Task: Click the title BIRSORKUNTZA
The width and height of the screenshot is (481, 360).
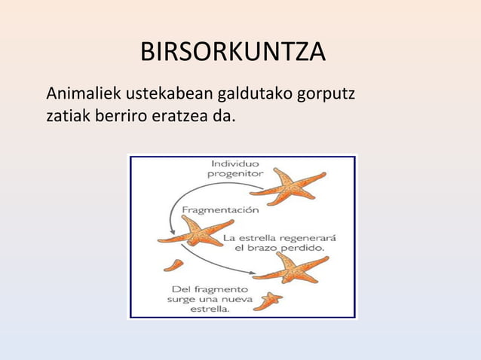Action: click(x=233, y=53)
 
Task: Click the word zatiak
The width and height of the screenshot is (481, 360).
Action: click(x=66, y=117)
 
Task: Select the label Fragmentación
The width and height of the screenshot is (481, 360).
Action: click(x=221, y=210)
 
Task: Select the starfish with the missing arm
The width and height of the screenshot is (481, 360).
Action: click(x=195, y=230)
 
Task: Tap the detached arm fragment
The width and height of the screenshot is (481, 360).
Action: click(x=173, y=264)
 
